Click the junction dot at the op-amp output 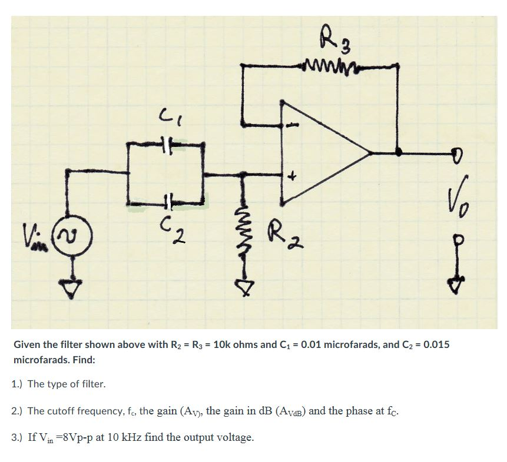pyautogui.click(x=399, y=152)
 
